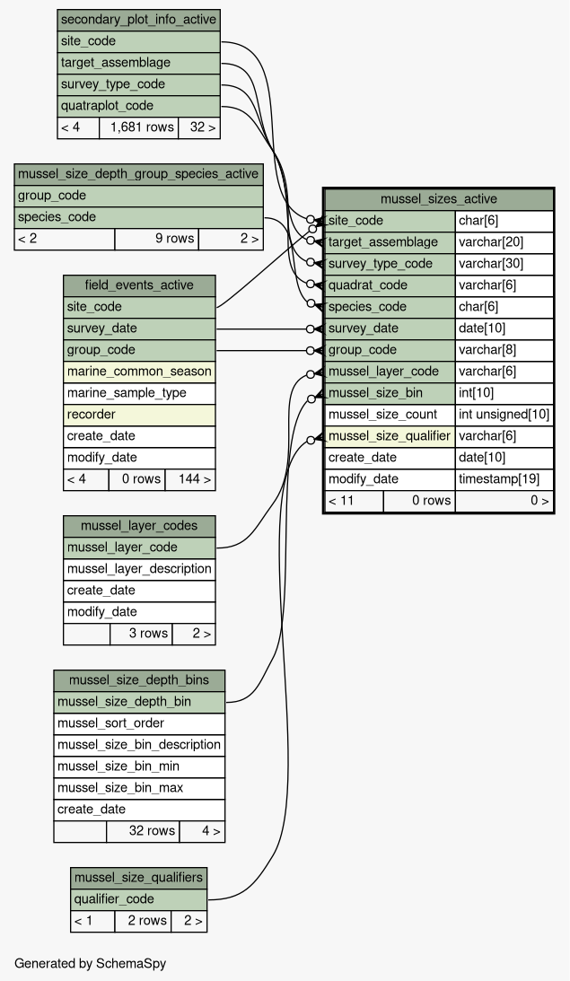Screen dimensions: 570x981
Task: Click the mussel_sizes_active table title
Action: (439, 199)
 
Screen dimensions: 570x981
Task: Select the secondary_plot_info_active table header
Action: (138, 20)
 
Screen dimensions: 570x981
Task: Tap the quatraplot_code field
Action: (138, 106)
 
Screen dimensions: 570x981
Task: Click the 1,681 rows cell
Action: (138, 127)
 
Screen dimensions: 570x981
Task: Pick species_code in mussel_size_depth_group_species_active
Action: (138, 217)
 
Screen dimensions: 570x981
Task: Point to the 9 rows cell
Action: (156, 239)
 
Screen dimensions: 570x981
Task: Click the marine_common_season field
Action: (139, 372)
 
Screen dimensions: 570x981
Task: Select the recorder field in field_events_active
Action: (139, 415)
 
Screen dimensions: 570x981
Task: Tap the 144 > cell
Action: (190, 480)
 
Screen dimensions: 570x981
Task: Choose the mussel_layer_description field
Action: (139, 569)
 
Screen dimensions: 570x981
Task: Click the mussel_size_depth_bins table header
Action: (139, 680)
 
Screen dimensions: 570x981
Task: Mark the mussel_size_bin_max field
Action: (139, 788)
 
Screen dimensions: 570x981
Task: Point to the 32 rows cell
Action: (143, 831)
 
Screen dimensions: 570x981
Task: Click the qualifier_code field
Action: (138, 899)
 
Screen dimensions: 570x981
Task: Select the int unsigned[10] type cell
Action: (504, 415)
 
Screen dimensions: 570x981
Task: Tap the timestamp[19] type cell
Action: (504, 479)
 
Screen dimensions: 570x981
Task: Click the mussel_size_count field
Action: (390, 415)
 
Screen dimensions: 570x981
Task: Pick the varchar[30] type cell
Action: (504, 264)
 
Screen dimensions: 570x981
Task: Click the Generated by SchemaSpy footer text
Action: (90, 963)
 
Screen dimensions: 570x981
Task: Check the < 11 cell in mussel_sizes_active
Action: (355, 501)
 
